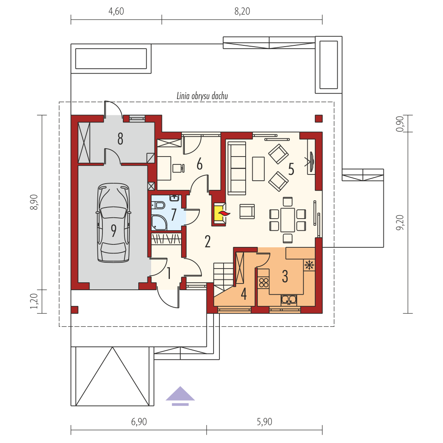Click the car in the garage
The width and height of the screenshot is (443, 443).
coord(114,223)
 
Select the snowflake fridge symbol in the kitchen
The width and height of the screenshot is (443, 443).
coord(309,265)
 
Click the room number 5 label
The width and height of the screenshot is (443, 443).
coord(291,169)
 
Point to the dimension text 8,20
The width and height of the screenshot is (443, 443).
coord(242,11)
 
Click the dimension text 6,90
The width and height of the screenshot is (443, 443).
coord(139,422)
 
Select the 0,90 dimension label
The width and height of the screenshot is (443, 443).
coord(400,124)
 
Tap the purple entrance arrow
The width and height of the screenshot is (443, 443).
coord(180,396)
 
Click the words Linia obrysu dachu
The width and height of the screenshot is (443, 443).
coord(202,96)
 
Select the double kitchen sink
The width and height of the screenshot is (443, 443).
coord(289,300)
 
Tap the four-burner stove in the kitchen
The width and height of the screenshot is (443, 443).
coord(264,283)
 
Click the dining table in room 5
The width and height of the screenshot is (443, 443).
coord(288,220)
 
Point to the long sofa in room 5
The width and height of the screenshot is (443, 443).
coord(237,168)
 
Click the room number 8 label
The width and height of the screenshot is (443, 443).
coord(120,139)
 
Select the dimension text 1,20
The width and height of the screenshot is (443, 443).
coord(34,301)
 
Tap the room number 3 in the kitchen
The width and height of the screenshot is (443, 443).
coord(285,276)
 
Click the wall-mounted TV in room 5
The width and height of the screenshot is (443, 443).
coord(311,162)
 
